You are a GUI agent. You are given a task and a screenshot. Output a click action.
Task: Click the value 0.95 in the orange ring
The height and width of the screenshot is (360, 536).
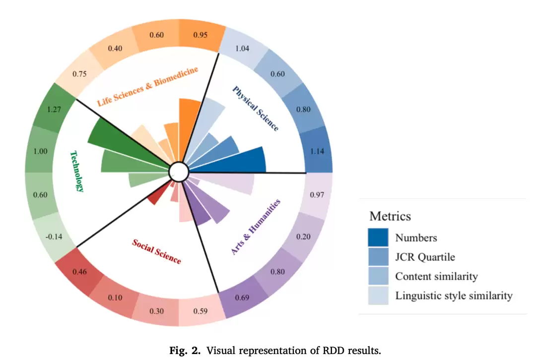[x=201, y=35]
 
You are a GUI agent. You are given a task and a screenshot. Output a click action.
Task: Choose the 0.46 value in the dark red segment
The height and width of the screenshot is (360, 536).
[x=80, y=272]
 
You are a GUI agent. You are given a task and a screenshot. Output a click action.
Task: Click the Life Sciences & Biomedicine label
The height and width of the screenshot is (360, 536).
[x=147, y=87]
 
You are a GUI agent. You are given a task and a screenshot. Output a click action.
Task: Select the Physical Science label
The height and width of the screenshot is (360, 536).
[x=255, y=108]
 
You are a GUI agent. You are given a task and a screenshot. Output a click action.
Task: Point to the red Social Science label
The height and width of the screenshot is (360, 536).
[x=156, y=251]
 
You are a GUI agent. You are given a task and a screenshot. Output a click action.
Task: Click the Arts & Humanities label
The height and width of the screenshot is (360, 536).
[x=256, y=227]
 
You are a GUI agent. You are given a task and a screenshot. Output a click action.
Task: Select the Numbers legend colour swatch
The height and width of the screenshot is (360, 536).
[x=378, y=238]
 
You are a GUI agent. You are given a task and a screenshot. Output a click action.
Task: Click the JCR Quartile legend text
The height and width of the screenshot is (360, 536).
[x=425, y=257]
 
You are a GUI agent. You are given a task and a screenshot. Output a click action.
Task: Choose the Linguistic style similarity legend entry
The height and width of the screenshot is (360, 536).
[x=454, y=296]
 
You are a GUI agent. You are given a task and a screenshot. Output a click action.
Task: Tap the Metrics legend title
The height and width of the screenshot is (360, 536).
[x=390, y=216]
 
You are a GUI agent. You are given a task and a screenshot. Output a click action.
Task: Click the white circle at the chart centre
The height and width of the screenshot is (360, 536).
[x=179, y=173]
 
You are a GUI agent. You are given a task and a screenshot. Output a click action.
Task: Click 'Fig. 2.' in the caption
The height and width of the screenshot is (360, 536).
[x=186, y=351]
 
